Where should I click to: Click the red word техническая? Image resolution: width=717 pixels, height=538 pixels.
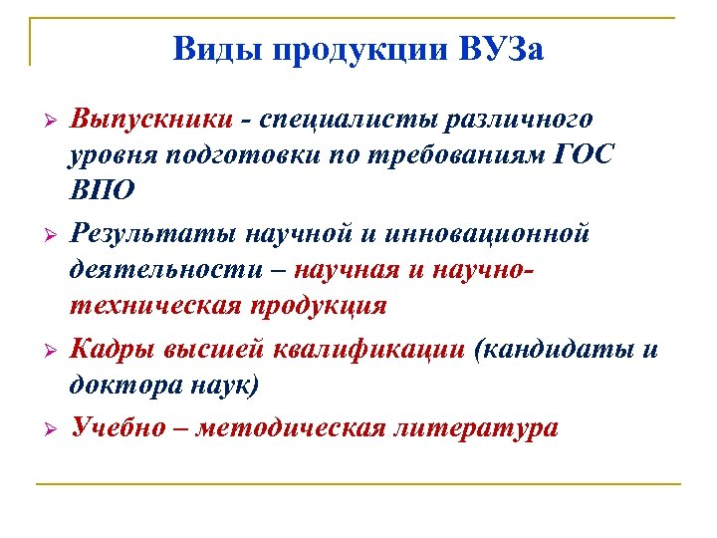click(154, 306)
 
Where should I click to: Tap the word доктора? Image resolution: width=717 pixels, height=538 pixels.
click(122, 385)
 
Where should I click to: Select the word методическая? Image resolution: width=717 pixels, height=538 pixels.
click(292, 428)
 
